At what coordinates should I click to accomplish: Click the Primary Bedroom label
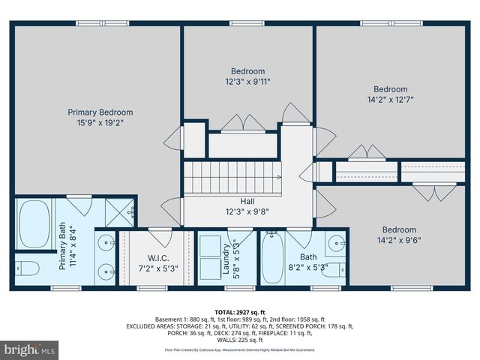pos(97,111)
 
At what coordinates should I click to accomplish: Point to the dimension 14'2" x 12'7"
pos(390,99)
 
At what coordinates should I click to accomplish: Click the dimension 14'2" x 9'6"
pos(398,240)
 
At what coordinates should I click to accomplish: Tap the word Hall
pos(247,202)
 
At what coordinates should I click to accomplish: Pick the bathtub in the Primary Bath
pos(34,223)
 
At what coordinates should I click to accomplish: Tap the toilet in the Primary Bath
pos(30,268)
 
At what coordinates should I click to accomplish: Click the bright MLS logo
pos(30,349)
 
